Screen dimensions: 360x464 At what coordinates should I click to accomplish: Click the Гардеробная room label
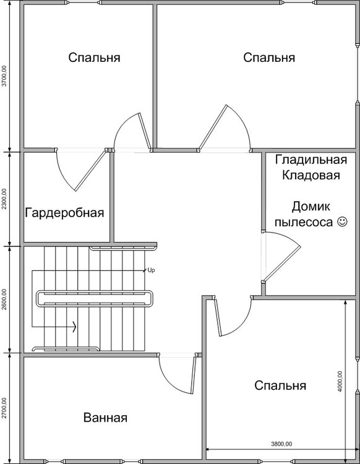pyautogui.click(x=64, y=213)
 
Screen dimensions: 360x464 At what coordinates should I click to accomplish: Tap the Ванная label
pyautogui.click(x=105, y=418)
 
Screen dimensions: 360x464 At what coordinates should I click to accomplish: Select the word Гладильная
pyautogui.click(x=311, y=160)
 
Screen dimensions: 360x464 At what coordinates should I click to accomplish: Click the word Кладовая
pyautogui.click(x=311, y=175)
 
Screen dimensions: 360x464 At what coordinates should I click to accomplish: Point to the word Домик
pyautogui.click(x=311, y=207)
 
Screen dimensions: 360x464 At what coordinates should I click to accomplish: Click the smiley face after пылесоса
pyautogui.click(x=342, y=221)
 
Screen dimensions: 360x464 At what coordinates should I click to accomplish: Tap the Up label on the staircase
pyautogui.click(x=151, y=270)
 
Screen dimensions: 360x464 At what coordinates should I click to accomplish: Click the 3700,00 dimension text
pyautogui.click(x=4, y=75)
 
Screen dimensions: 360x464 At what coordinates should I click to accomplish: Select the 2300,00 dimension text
pyautogui.click(x=4, y=199)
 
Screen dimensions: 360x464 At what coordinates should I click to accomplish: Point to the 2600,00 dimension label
pyautogui.click(x=4, y=299)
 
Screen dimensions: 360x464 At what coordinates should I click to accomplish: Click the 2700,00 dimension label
pyautogui.click(x=4, y=408)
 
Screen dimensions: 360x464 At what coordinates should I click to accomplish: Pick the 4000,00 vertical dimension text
pyautogui.click(x=340, y=382)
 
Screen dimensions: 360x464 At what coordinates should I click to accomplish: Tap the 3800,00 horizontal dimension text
pyautogui.click(x=281, y=444)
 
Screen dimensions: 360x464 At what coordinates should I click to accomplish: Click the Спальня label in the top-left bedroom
pyautogui.click(x=94, y=58)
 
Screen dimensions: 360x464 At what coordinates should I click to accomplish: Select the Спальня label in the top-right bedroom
pyautogui.click(x=269, y=58)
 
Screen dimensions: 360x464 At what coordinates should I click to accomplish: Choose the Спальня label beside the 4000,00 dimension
pyautogui.click(x=280, y=385)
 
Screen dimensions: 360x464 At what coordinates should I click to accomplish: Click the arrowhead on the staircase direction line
pyautogui.click(x=75, y=327)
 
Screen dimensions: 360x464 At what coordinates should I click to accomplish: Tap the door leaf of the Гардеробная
pyautogui.click(x=90, y=171)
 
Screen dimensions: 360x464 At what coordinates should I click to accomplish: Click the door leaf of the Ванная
pyautogui.click(x=193, y=374)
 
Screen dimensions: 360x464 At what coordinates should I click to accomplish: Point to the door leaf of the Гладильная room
pyautogui.click(x=282, y=263)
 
